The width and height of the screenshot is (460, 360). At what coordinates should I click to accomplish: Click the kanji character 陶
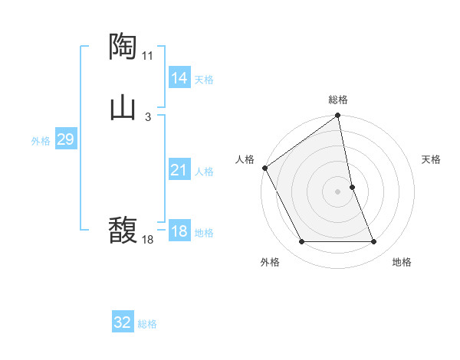[x=123, y=47]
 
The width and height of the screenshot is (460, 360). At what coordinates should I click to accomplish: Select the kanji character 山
[x=123, y=107]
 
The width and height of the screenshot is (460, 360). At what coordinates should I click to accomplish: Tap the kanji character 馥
[x=123, y=230]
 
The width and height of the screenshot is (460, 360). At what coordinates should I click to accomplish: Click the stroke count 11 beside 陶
[x=148, y=56]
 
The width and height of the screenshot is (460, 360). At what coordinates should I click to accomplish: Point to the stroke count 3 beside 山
[x=147, y=116]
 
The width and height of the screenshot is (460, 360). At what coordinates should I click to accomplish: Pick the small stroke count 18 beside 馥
[x=148, y=240]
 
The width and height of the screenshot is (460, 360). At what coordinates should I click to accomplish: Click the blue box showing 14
[x=179, y=78]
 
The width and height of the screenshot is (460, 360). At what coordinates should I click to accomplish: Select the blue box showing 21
[x=179, y=170]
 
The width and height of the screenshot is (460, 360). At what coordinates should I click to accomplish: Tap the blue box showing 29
[x=65, y=139]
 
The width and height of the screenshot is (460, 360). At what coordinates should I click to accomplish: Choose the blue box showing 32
[x=123, y=322]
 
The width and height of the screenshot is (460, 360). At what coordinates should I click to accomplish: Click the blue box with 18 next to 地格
[x=179, y=231]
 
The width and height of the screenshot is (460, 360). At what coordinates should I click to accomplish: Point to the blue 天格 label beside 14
[x=204, y=80]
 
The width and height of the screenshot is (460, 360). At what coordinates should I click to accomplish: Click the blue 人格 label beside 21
[x=204, y=172]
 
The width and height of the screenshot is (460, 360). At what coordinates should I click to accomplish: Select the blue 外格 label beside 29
[x=41, y=141]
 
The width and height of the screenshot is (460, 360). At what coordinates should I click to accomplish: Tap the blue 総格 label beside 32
[x=147, y=324]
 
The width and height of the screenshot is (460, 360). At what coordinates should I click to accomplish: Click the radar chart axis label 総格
[x=338, y=100]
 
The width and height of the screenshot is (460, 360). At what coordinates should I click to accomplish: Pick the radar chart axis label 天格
[x=432, y=159]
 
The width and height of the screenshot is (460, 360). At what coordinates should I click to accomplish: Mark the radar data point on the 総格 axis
[x=338, y=116]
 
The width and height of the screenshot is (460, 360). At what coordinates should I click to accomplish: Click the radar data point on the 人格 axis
[x=264, y=168]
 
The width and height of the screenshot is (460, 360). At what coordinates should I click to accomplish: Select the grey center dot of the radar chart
[x=338, y=191]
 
